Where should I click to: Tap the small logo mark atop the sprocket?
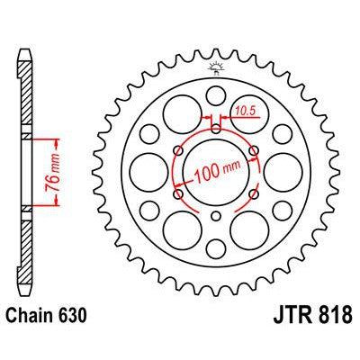pyautogui.click(x=216, y=66)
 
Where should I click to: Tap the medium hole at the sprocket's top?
pyautogui.click(x=216, y=96)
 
